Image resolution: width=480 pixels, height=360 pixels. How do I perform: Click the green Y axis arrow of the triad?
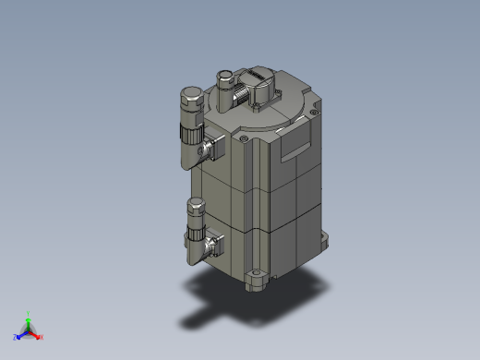click(29, 317)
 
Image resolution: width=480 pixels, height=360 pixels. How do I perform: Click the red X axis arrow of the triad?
click(40, 336)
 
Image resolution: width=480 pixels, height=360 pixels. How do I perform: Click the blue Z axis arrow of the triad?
click(18, 336)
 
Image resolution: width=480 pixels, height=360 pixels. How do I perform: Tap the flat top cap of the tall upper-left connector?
click(190, 92)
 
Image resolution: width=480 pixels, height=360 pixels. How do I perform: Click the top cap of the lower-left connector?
click(196, 202)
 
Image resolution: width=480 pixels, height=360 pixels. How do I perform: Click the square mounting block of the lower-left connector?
click(216, 246)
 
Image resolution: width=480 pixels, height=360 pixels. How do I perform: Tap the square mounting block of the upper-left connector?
click(215, 145)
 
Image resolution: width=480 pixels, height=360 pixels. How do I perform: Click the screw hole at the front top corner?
click(244, 138)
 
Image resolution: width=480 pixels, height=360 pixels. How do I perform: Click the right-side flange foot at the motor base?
click(324, 242)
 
